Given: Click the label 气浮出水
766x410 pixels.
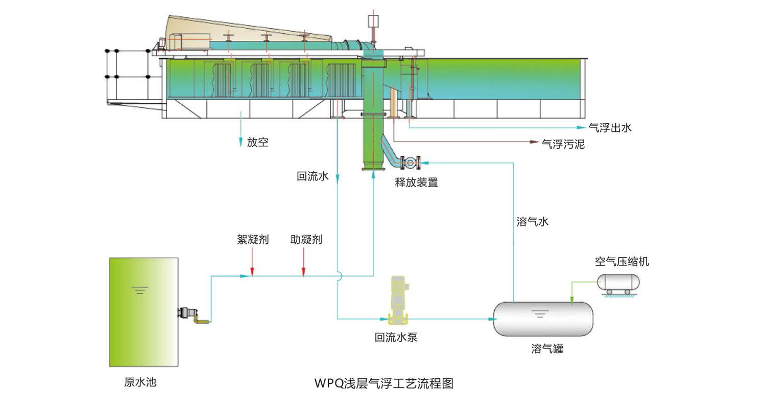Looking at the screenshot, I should click(610, 128).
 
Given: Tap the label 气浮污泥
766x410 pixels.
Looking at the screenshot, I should click(563, 145).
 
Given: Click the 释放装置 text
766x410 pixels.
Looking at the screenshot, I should click(416, 182).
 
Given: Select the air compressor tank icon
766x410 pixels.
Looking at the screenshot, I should click(618, 283).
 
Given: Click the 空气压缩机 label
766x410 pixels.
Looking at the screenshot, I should click(622, 262).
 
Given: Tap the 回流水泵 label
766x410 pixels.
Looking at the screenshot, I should click(397, 337).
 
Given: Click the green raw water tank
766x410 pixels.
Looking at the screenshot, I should click(143, 312).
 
